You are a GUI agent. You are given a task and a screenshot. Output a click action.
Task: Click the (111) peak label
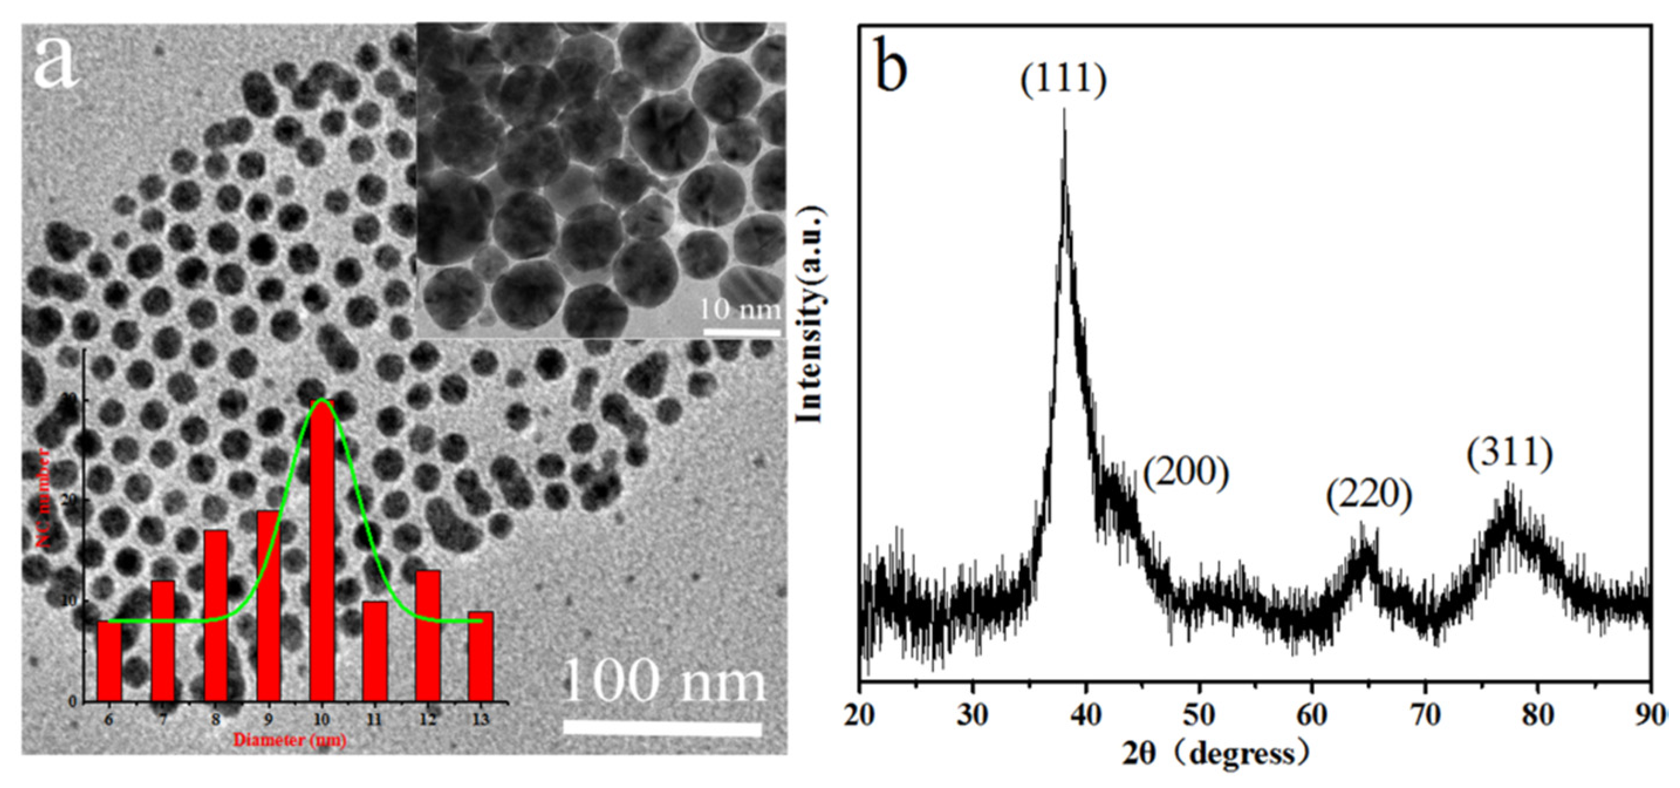[x=1064, y=80]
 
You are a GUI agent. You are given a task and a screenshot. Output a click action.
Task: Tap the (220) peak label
[x=1369, y=496]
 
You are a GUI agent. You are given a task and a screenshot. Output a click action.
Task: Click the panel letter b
[x=891, y=65]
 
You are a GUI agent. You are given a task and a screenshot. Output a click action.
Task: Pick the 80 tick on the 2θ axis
[x=1538, y=715]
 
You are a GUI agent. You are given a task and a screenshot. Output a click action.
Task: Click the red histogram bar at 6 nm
[x=108, y=661]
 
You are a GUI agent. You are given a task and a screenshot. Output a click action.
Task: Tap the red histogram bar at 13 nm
[x=481, y=656]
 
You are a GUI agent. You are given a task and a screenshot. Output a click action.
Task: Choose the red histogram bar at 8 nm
[x=215, y=616]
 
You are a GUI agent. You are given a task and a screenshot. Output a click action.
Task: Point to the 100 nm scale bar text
[x=663, y=680]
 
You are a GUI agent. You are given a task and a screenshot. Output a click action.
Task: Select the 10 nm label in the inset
[x=740, y=309]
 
